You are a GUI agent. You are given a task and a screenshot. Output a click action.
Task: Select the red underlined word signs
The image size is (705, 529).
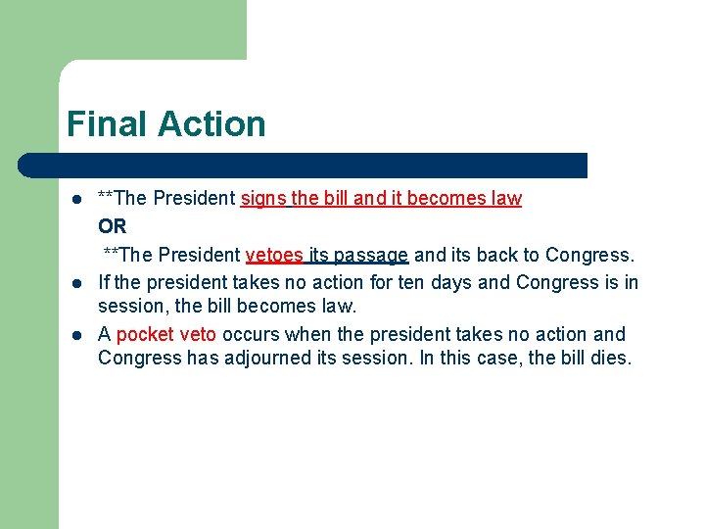tap(263, 199)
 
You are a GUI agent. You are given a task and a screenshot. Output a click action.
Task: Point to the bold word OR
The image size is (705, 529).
tap(113, 226)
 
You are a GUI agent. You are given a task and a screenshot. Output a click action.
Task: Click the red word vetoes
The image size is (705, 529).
tap(274, 255)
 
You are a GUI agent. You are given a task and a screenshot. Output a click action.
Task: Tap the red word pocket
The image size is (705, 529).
tap(145, 334)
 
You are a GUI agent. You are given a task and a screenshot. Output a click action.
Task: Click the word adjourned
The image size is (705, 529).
tap(260, 358)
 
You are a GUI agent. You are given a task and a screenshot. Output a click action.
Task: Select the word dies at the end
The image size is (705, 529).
tap(611, 358)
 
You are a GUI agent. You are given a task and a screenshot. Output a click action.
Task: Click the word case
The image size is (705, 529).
tap(500, 358)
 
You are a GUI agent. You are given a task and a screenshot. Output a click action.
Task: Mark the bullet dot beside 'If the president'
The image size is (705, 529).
tap(75, 284)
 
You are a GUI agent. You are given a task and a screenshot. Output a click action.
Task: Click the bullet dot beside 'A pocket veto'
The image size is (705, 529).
tap(75, 335)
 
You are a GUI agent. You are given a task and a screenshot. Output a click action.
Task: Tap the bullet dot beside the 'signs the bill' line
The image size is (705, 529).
tap(75, 199)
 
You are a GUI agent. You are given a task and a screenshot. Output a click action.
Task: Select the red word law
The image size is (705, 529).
tap(506, 199)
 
